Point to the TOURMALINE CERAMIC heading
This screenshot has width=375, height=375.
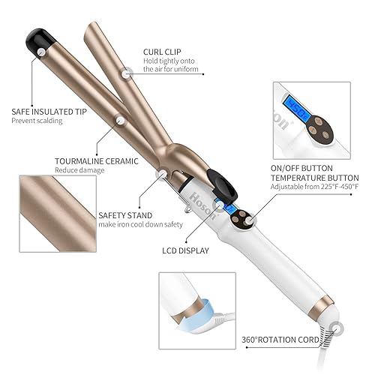[x=94, y=160]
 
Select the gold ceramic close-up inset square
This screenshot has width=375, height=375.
[x=55, y=211]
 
